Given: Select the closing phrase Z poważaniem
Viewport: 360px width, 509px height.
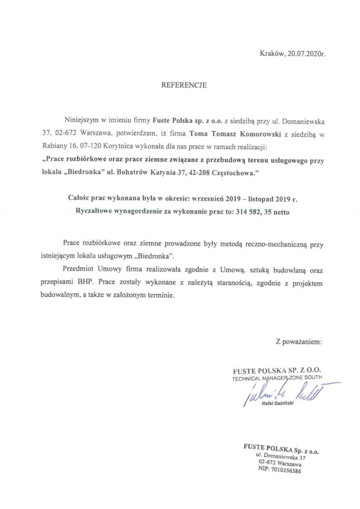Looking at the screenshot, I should tap(298, 341).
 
